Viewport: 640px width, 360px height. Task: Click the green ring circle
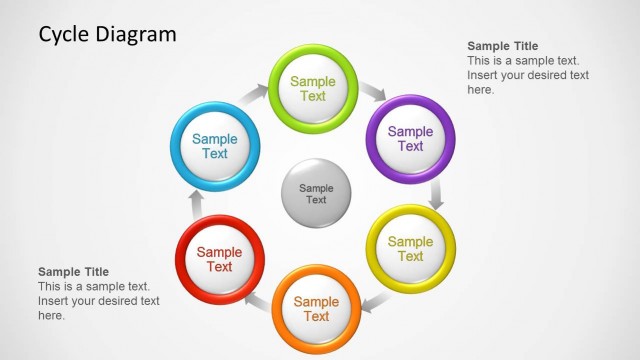click(x=314, y=88)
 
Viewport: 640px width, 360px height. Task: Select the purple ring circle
click(x=411, y=138)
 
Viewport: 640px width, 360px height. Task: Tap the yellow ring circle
click(x=411, y=248)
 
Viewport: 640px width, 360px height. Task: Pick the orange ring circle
click(x=316, y=309)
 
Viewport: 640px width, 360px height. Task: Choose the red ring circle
click(x=219, y=259)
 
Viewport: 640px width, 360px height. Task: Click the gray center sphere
click(x=316, y=193)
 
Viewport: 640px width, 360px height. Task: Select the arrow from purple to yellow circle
click(x=436, y=194)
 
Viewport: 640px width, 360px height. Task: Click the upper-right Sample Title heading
click(x=503, y=46)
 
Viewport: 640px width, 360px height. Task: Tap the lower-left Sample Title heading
click(x=73, y=272)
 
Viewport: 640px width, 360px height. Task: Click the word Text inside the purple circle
click(x=411, y=146)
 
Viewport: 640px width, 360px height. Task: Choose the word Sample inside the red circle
click(x=219, y=252)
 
